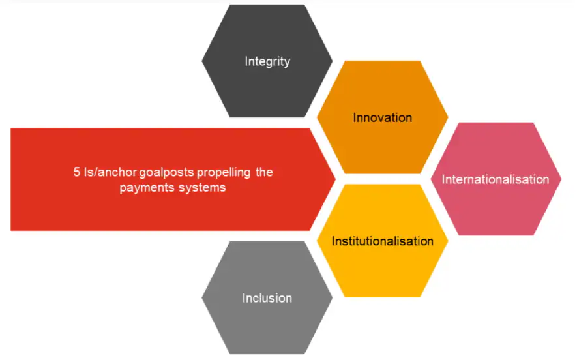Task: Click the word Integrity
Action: (x=267, y=62)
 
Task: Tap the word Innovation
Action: (x=383, y=118)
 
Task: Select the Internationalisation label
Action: (x=496, y=179)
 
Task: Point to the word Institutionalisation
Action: (x=383, y=241)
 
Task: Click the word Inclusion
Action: (x=267, y=299)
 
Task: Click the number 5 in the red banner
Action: (x=76, y=173)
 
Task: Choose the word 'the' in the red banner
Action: (x=264, y=173)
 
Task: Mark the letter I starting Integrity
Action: (x=246, y=62)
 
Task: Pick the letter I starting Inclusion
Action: (x=244, y=299)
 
